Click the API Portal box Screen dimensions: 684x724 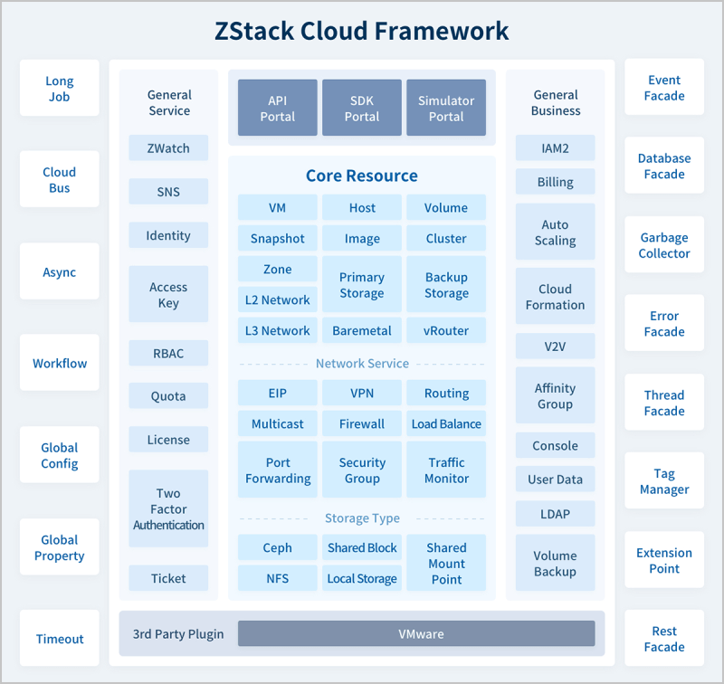point(277,109)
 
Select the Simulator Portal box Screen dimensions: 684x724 point(446,109)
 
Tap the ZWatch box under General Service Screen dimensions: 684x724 point(168,148)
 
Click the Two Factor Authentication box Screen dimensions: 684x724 point(168,508)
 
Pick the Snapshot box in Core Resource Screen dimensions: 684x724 point(277,239)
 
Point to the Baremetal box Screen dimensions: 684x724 point(362,330)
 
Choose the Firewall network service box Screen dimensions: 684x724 point(362,423)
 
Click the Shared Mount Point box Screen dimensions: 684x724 point(446,563)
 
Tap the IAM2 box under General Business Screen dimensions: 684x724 point(555,148)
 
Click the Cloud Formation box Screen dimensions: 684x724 point(555,297)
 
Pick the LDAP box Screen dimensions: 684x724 point(555,514)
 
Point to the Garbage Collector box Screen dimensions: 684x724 point(664,246)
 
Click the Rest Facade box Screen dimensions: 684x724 point(664,639)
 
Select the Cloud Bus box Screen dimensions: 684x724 point(60,180)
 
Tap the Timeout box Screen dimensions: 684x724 point(60,639)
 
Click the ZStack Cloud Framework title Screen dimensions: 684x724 point(362,31)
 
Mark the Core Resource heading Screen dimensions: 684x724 point(362,176)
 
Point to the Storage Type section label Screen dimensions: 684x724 point(362,518)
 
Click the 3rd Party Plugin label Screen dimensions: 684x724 point(178,633)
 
